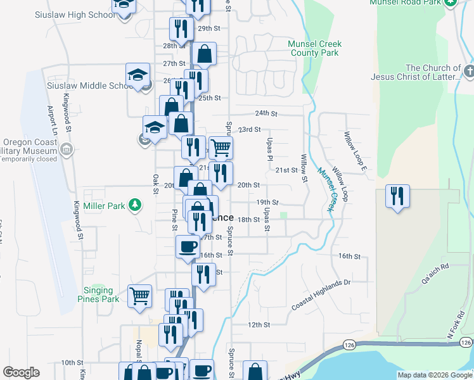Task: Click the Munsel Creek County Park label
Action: [x=314, y=48]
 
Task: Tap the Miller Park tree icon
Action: [x=134, y=205]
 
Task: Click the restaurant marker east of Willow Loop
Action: [x=397, y=196]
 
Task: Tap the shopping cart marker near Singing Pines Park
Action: [x=139, y=295]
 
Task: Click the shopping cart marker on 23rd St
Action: [x=221, y=148]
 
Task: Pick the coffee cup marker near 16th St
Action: [x=188, y=246]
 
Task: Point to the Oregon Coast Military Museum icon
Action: [x=67, y=150]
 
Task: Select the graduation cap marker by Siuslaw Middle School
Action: [x=138, y=75]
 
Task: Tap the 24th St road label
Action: [x=267, y=113]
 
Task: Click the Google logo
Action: [x=21, y=372]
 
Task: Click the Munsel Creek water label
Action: [x=326, y=189]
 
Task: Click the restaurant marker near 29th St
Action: [x=181, y=29]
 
